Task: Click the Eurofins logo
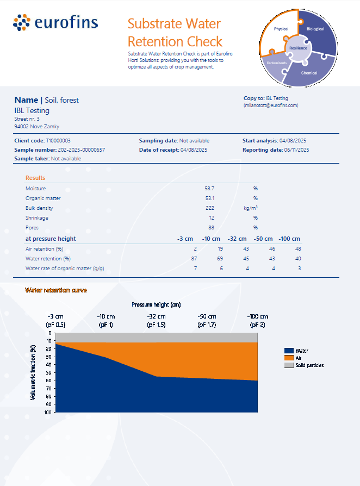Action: (x=55, y=22)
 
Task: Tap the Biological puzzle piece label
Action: (x=315, y=29)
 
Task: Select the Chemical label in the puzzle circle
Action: (x=309, y=73)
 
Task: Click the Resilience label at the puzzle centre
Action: (x=299, y=48)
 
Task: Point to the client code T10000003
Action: (x=58, y=141)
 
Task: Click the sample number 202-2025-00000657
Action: (x=82, y=150)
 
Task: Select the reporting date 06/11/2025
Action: (x=297, y=150)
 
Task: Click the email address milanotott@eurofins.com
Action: (x=271, y=105)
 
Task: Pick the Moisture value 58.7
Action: (x=209, y=189)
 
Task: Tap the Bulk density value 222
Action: (x=210, y=208)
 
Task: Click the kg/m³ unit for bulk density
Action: (x=251, y=208)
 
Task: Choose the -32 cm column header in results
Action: (x=237, y=239)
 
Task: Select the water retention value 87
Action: (x=194, y=259)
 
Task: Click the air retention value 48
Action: (x=299, y=249)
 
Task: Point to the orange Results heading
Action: (x=35, y=178)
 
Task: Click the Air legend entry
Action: (x=293, y=358)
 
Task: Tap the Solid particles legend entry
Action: (x=304, y=365)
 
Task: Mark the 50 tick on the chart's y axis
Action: (x=49, y=372)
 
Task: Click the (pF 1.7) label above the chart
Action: (x=207, y=325)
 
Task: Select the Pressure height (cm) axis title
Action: (x=156, y=304)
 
